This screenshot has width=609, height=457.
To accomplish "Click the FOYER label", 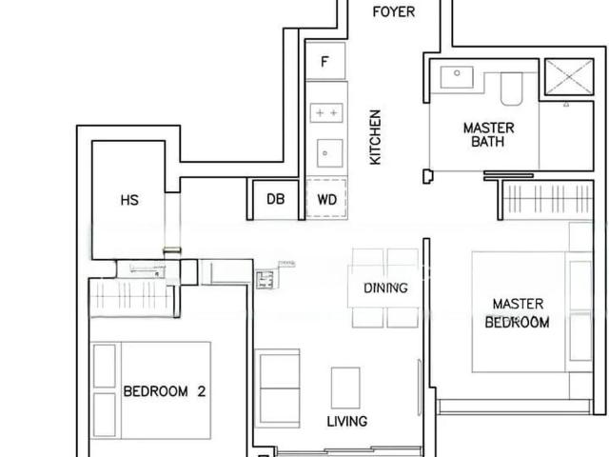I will (x=394, y=12).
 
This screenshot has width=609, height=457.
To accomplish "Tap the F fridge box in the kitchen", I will (x=325, y=63).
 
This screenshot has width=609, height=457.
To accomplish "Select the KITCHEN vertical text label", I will (x=376, y=136).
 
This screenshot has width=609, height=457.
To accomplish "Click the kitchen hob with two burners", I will (x=326, y=112).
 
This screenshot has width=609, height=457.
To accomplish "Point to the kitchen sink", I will (x=326, y=150).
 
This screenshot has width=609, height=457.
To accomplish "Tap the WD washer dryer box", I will (x=326, y=199).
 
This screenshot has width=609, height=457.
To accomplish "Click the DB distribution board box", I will (x=275, y=199).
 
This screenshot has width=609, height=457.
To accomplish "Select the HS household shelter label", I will (x=130, y=200).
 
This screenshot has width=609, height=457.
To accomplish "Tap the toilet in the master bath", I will (x=509, y=89).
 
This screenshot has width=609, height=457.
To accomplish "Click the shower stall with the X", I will (x=567, y=76).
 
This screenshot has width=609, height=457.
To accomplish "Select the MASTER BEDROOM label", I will (x=518, y=313).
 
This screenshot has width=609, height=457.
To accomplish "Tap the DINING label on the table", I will (x=385, y=288).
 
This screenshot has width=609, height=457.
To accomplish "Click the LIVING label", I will (x=347, y=421).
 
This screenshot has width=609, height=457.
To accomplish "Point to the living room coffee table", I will (x=345, y=387).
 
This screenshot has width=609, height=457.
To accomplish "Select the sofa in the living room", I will (x=279, y=387).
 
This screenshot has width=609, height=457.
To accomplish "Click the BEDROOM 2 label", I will (x=165, y=390).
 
